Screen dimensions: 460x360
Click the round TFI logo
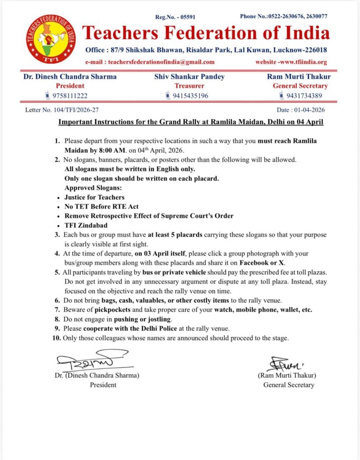click(x=51, y=39)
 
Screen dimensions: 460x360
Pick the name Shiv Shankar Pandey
click(x=189, y=76)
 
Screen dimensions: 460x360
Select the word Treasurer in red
click(x=189, y=86)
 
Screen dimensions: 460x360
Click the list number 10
click(x=57, y=338)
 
